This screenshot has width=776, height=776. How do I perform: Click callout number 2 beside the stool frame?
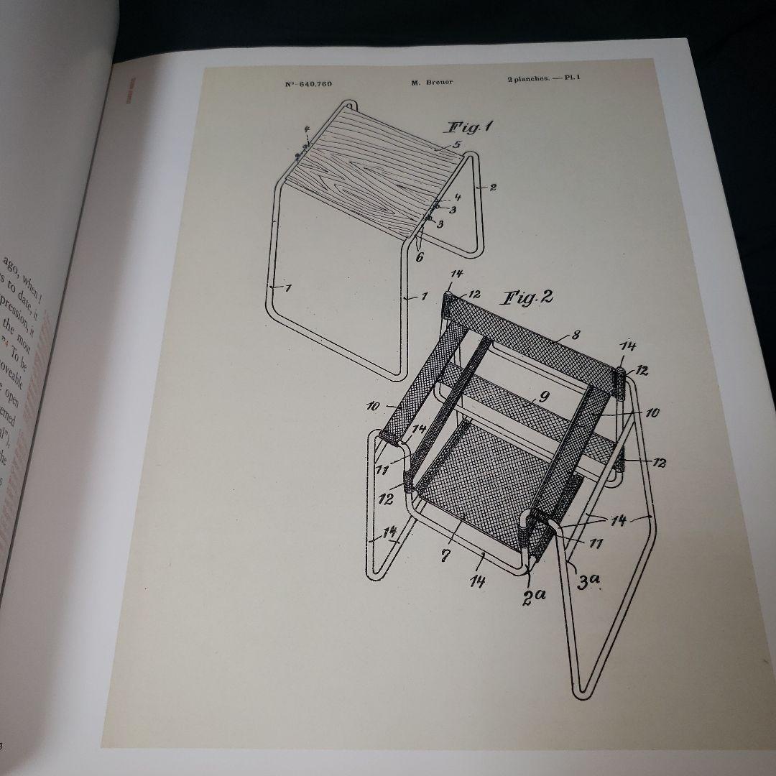[x=493, y=188]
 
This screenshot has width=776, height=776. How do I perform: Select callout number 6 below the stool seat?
[x=420, y=254]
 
